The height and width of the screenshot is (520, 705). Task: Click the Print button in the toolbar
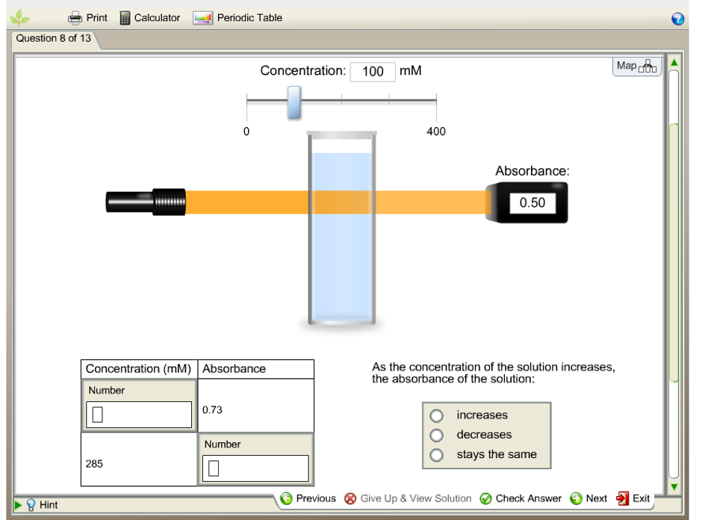(x=87, y=18)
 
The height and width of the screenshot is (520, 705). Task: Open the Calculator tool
(x=149, y=18)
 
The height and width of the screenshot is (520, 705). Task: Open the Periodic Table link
(x=237, y=18)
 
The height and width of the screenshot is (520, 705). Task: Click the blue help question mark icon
(x=678, y=19)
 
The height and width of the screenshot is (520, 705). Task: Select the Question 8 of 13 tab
(x=54, y=39)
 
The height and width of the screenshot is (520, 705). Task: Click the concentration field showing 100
(x=373, y=72)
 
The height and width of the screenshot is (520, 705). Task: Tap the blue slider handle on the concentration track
(x=294, y=102)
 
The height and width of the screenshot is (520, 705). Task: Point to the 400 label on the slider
(x=436, y=131)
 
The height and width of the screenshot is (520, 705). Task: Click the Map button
(x=636, y=66)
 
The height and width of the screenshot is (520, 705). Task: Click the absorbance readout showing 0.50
(x=532, y=202)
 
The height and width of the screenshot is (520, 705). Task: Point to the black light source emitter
(x=146, y=202)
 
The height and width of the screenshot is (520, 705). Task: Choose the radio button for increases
(x=437, y=415)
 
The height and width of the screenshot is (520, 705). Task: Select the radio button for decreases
(x=437, y=435)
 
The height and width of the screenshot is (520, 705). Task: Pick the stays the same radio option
(x=437, y=454)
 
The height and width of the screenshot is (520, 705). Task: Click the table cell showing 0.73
(x=255, y=409)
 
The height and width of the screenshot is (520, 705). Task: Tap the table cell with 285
(x=139, y=464)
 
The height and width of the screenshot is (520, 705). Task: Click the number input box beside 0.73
(x=139, y=415)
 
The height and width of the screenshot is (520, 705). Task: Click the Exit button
(x=633, y=498)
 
